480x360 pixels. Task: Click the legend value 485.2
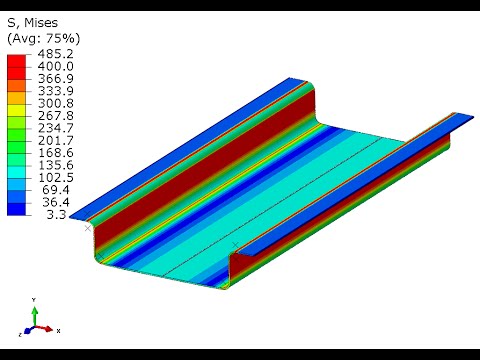point(55,53)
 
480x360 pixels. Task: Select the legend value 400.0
point(55,66)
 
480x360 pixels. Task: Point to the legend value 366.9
point(55,78)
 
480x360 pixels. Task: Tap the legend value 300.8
point(55,103)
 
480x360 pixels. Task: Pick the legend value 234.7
point(55,128)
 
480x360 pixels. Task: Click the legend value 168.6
point(55,153)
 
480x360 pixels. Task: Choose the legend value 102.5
point(55,177)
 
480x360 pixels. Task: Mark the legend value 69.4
point(58,189)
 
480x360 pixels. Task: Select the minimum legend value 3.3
point(61,214)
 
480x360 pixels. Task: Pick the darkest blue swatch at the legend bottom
point(17,208)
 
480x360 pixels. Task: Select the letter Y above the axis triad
point(35,299)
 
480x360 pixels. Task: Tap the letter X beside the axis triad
point(59,330)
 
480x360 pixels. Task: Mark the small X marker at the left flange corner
point(88,228)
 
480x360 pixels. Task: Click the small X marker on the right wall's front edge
point(235,244)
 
